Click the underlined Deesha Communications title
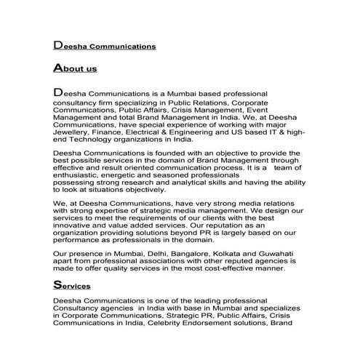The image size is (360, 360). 105,45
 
